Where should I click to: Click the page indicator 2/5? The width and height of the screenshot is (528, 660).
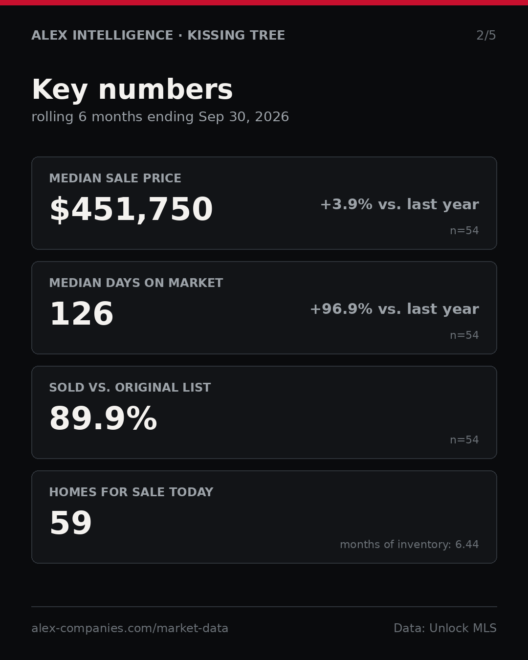[x=486, y=35]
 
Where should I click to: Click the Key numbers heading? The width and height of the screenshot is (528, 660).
[x=132, y=89]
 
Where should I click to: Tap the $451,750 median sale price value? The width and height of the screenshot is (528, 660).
[x=132, y=209]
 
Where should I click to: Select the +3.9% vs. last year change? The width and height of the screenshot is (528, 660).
[x=399, y=204]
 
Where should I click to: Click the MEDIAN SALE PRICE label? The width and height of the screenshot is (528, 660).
[x=115, y=178]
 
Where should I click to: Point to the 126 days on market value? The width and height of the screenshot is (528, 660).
[x=82, y=313]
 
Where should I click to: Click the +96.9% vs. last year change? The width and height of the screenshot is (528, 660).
[x=395, y=309]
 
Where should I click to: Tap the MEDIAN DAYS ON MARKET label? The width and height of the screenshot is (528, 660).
[x=136, y=283]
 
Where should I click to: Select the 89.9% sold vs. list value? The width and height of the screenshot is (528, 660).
[x=103, y=418]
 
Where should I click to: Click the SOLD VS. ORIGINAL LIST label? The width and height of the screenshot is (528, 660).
[x=130, y=387]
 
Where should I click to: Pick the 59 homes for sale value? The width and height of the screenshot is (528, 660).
[x=71, y=523]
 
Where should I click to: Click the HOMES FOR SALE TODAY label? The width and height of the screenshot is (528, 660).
[x=131, y=492]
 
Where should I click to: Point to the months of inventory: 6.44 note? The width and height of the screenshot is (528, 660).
[x=409, y=544]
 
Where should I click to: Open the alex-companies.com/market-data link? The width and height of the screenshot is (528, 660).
[x=130, y=628]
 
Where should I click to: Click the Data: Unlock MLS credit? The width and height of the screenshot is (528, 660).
[x=445, y=628]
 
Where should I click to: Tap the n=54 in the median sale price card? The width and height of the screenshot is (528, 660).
[x=464, y=230]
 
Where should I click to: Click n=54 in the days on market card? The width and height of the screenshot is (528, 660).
[x=464, y=335]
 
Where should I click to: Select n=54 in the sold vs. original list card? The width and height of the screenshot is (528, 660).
[x=464, y=440]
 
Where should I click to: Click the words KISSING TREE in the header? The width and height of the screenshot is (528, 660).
[x=236, y=35]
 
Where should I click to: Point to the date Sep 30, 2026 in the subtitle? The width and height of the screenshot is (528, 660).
[x=243, y=117]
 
